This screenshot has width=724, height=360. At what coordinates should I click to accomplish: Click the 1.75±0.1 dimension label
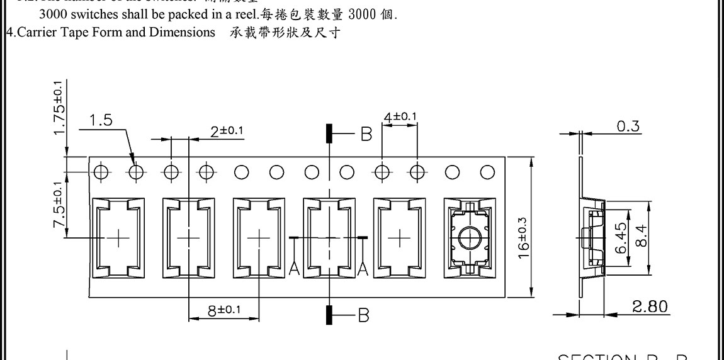(x=59, y=108)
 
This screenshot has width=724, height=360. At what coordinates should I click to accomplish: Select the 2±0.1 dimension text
(x=227, y=130)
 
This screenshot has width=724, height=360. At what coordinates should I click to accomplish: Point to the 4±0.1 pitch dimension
(x=400, y=116)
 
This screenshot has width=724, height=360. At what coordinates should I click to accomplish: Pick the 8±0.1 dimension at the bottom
(x=225, y=310)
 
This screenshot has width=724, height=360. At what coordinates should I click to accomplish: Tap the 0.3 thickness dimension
(x=628, y=126)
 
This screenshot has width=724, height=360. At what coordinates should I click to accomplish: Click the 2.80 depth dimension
(x=650, y=307)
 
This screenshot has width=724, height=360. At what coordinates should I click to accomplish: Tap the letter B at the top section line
(x=366, y=133)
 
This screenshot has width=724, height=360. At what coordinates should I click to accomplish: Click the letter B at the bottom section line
(x=363, y=315)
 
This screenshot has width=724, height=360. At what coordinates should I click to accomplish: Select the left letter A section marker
(x=293, y=269)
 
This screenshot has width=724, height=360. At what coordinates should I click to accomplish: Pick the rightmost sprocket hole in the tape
(x=487, y=172)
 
